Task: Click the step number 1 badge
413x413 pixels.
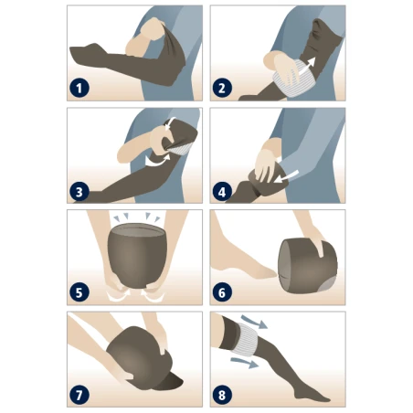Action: pyautogui.click(x=79, y=89)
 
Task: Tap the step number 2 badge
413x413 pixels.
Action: pyautogui.click(x=222, y=89)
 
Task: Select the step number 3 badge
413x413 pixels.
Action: pyautogui.click(x=79, y=192)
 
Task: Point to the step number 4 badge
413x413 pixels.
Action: pyautogui.click(x=222, y=192)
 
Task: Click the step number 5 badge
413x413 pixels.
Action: pyautogui.click(x=79, y=292)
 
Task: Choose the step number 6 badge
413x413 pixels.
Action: pyautogui.click(x=222, y=292)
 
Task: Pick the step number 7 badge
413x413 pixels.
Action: pyautogui.click(x=79, y=395)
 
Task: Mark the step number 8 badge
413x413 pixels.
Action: pyautogui.click(x=222, y=395)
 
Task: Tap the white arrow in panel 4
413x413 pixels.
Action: pyautogui.click(x=286, y=176)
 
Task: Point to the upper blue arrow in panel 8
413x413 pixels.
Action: pyautogui.click(x=256, y=323)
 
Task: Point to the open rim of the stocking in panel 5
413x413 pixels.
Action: pyautogui.click(x=137, y=229)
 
